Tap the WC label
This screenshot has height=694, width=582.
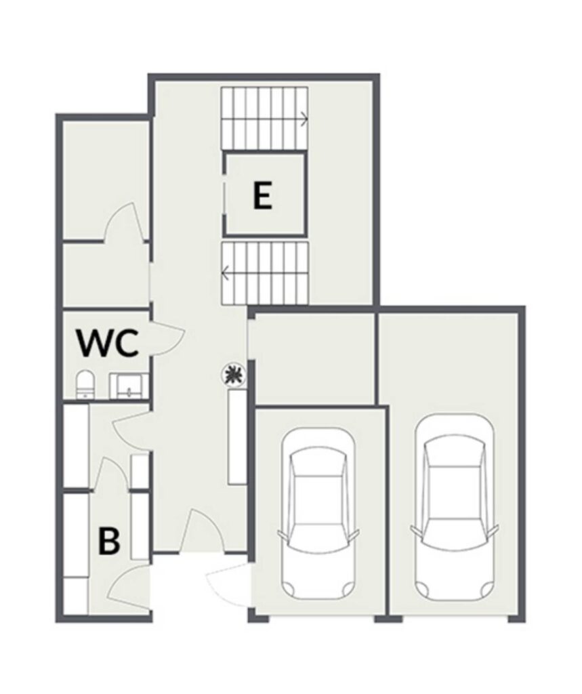108,342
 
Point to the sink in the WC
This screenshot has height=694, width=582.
129,386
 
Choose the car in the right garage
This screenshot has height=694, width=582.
455,507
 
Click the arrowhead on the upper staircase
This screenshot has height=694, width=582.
304,119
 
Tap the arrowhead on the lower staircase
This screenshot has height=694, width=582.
226,273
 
